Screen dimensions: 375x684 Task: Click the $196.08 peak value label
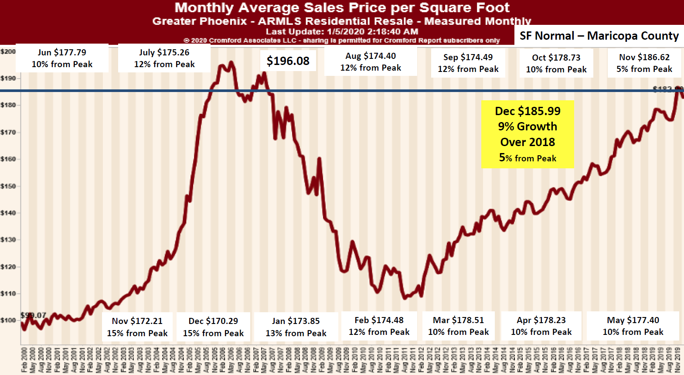pyautogui.click(x=288, y=61)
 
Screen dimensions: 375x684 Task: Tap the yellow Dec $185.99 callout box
pyautogui.click(x=527, y=134)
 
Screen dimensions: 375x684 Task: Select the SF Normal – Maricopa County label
pyautogui.click(x=599, y=36)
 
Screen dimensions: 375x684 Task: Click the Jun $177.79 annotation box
pyautogui.click(x=62, y=58)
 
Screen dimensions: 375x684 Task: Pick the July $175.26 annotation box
pyautogui.click(x=164, y=58)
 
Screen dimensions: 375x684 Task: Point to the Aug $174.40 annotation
pyautogui.click(x=371, y=61)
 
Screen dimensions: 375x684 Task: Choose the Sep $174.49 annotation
pyautogui.click(x=468, y=63)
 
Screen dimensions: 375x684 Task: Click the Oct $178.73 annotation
pyautogui.click(x=556, y=63)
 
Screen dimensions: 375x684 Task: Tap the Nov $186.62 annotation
pyautogui.click(x=644, y=63)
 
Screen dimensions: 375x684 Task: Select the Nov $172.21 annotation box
pyautogui.click(x=137, y=327)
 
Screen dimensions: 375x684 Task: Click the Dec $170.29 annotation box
pyautogui.click(x=213, y=327)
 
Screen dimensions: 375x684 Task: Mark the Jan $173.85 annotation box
pyautogui.click(x=296, y=327)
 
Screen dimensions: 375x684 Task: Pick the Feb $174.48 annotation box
pyautogui.click(x=379, y=326)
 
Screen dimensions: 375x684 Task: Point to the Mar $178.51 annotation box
pyautogui.click(x=458, y=326)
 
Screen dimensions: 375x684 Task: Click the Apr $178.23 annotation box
pyautogui.click(x=541, y=326)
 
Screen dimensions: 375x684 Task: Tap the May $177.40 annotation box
pyautogui.click(x=633, y=326)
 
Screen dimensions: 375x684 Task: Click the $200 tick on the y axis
pyautogui.click(x=8, y=51)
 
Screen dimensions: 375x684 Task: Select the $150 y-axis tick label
pyautogui.click(x=8, y=186)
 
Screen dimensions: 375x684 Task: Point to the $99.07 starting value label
pyautogui.click(x=34, y=315)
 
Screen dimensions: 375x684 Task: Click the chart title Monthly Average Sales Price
pyautogui.click(x=342, y=7)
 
